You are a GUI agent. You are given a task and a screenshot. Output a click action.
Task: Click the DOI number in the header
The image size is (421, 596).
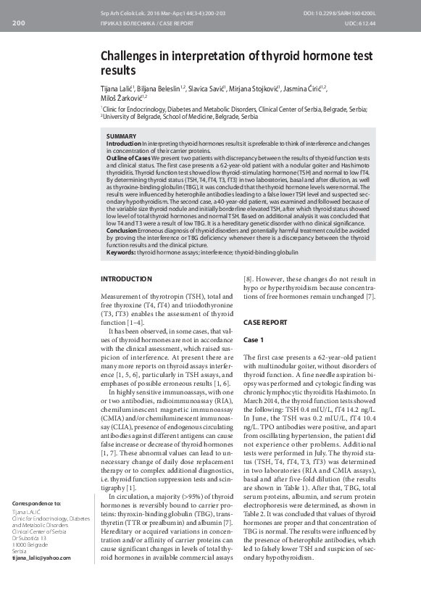367,15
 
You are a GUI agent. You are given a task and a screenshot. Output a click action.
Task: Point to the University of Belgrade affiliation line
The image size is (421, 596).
180,116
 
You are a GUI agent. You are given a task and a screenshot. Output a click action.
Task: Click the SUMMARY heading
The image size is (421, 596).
120,136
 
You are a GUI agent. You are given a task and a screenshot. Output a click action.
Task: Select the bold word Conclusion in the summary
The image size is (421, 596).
122,231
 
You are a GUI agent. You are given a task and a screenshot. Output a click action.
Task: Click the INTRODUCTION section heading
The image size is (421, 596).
126,278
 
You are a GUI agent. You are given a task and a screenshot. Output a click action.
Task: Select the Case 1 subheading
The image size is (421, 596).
254,339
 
